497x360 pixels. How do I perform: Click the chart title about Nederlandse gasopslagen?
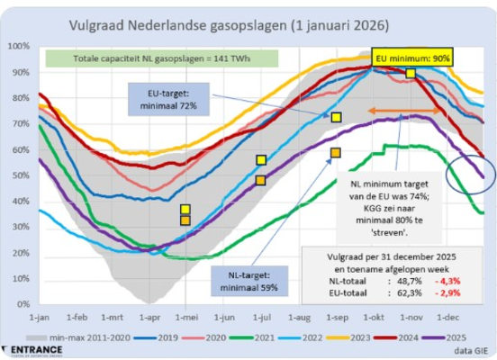pos(247,24)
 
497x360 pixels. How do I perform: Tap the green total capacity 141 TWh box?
pos(161,59)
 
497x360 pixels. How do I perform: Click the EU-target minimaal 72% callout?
pos(176,97)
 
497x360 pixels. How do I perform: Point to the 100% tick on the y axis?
pos(18,45)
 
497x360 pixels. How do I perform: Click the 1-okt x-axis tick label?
pos(372,318)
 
